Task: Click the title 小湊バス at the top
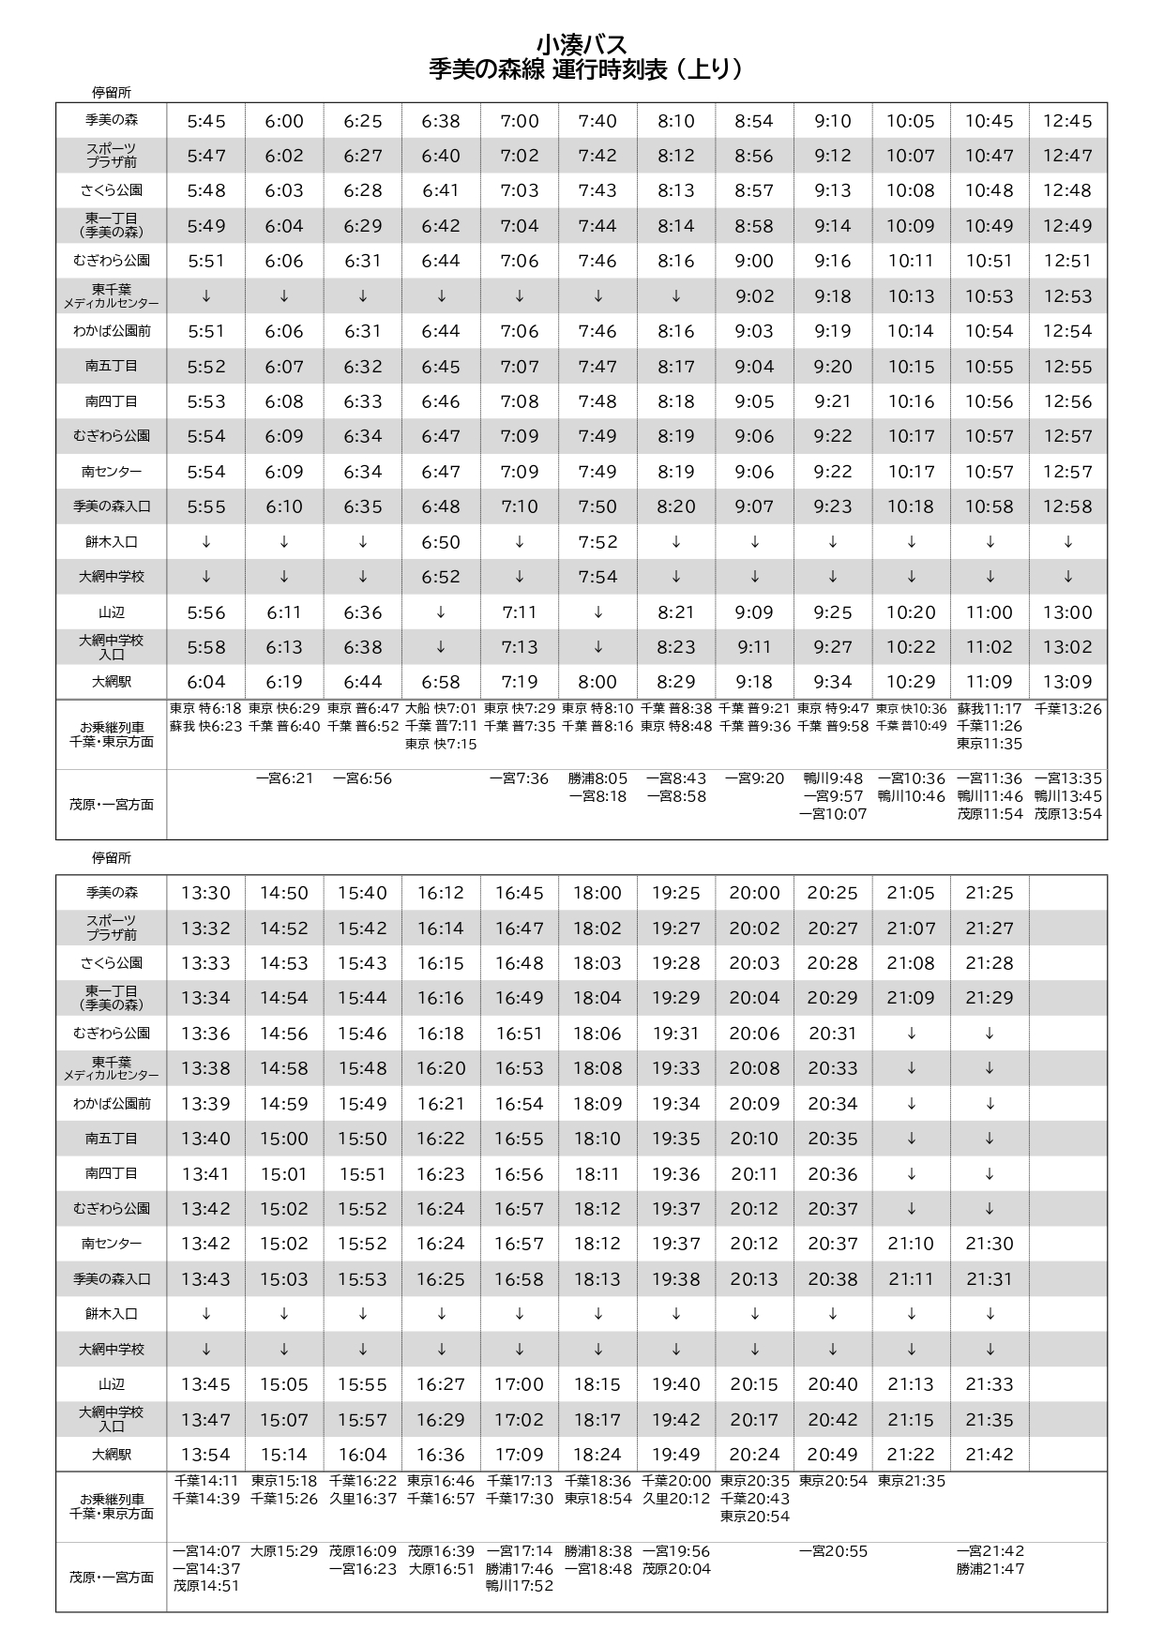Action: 582,44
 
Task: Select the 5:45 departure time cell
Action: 206,121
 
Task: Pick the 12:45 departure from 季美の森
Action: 1067,121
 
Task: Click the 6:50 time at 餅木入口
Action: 441,542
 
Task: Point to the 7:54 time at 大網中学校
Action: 597,577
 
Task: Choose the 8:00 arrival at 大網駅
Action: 597,682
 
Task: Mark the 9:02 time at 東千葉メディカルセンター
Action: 754,296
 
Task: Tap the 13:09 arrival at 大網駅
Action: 1067,682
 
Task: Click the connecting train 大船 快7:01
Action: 441,709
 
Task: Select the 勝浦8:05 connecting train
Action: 597,778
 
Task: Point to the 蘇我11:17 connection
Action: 990,709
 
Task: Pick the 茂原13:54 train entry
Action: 1067,814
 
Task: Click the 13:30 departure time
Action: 206,893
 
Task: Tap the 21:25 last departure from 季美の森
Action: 990,893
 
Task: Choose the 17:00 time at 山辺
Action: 520,1384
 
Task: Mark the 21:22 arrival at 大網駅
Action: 911,1455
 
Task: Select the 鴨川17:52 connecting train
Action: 520,1586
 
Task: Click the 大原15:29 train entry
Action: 284,1551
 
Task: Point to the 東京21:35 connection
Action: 911,1481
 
